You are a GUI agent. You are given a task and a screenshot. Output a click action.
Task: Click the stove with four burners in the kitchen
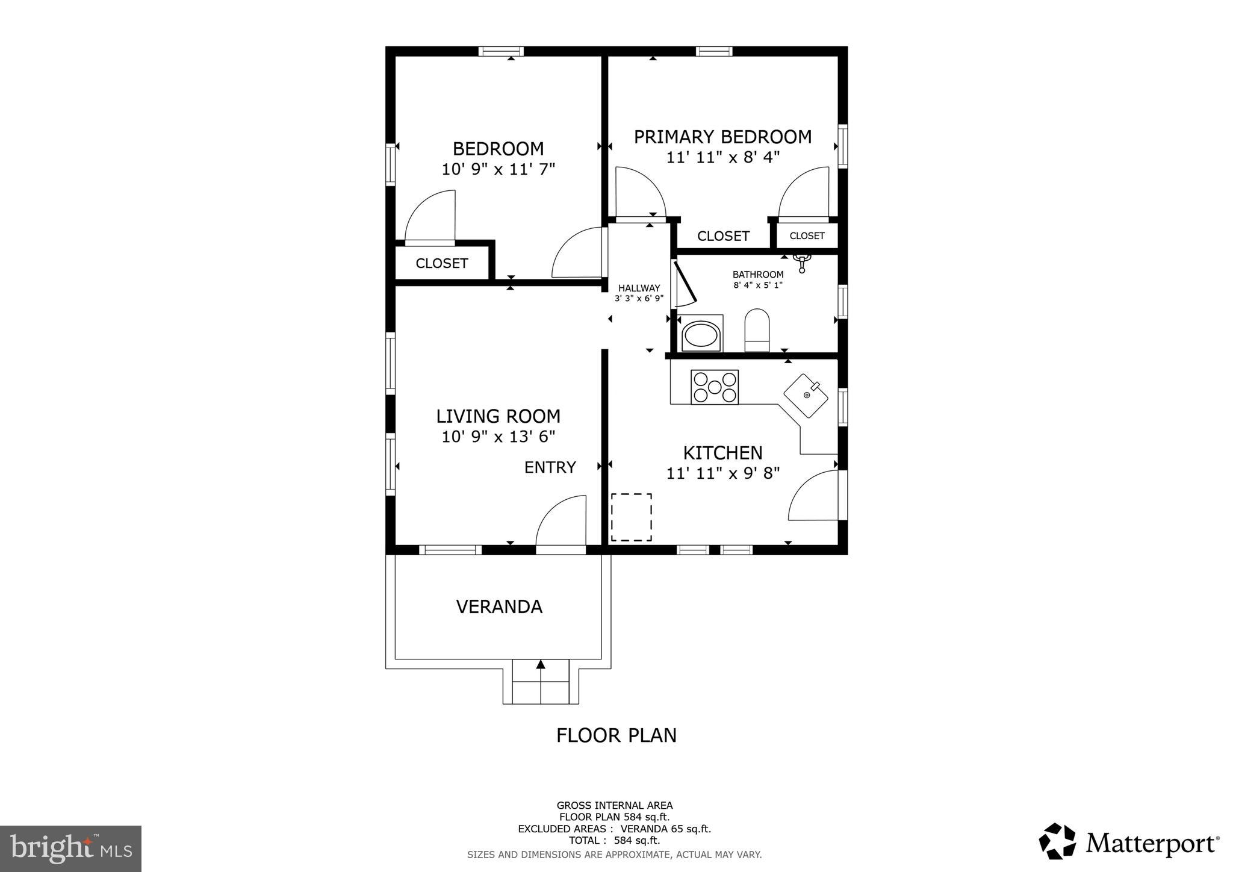pos(714,387)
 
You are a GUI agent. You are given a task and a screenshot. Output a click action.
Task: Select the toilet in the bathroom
pos(757,330)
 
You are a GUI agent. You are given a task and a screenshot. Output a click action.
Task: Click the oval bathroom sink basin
pos(701,335)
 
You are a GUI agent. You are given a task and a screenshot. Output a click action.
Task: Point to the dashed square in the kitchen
pos(631,517)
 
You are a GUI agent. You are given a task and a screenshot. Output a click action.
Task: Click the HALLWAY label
pos(639,288)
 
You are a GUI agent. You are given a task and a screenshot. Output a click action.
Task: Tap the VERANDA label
pos(499,606)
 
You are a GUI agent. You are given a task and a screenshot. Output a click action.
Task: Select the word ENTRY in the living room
pos(550,467)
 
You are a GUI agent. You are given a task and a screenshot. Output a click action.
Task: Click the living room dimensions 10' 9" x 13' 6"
pos(498,437)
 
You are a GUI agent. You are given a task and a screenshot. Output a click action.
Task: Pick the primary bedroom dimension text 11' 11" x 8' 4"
pos(722,157)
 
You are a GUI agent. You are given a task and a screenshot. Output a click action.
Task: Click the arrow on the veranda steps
pos(541,664)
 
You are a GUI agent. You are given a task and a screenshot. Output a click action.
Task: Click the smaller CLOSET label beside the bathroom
pos(807,235)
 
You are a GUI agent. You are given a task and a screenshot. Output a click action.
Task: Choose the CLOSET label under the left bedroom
pos(441,263)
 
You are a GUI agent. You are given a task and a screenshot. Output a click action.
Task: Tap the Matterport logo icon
pos(1057,841)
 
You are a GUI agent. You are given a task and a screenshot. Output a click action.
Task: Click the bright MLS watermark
pos(70,849)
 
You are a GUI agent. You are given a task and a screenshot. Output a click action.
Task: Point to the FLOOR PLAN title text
pos(616,735)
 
